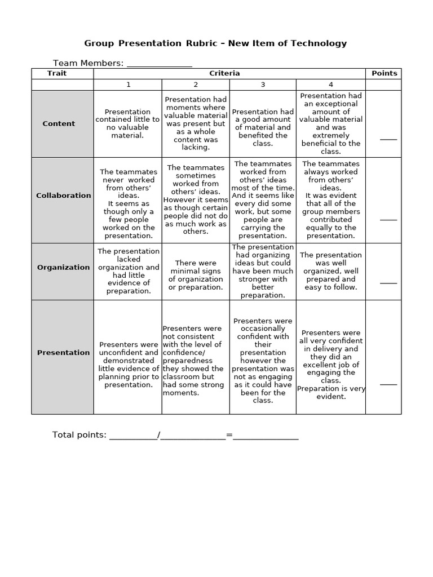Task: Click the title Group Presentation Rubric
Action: tap(215, 43)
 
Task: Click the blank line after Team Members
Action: tap(159, 64)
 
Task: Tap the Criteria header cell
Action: tap(224, 73)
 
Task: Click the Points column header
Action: tap(384, 73)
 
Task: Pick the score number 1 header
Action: tap(128, 85)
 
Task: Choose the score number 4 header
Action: tap(331, 85)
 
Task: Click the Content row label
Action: tap(59, 123)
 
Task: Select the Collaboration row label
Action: tap(63, 196)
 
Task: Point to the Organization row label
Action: tap(63, 267)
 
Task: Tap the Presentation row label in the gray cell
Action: tap(63, 353)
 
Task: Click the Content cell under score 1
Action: tap(127, 123)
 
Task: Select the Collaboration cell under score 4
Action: tap(330, 199)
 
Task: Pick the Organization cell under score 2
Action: tap(195, 275)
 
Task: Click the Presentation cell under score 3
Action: tap(263, 361)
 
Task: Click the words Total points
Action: tap(79, 435)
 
